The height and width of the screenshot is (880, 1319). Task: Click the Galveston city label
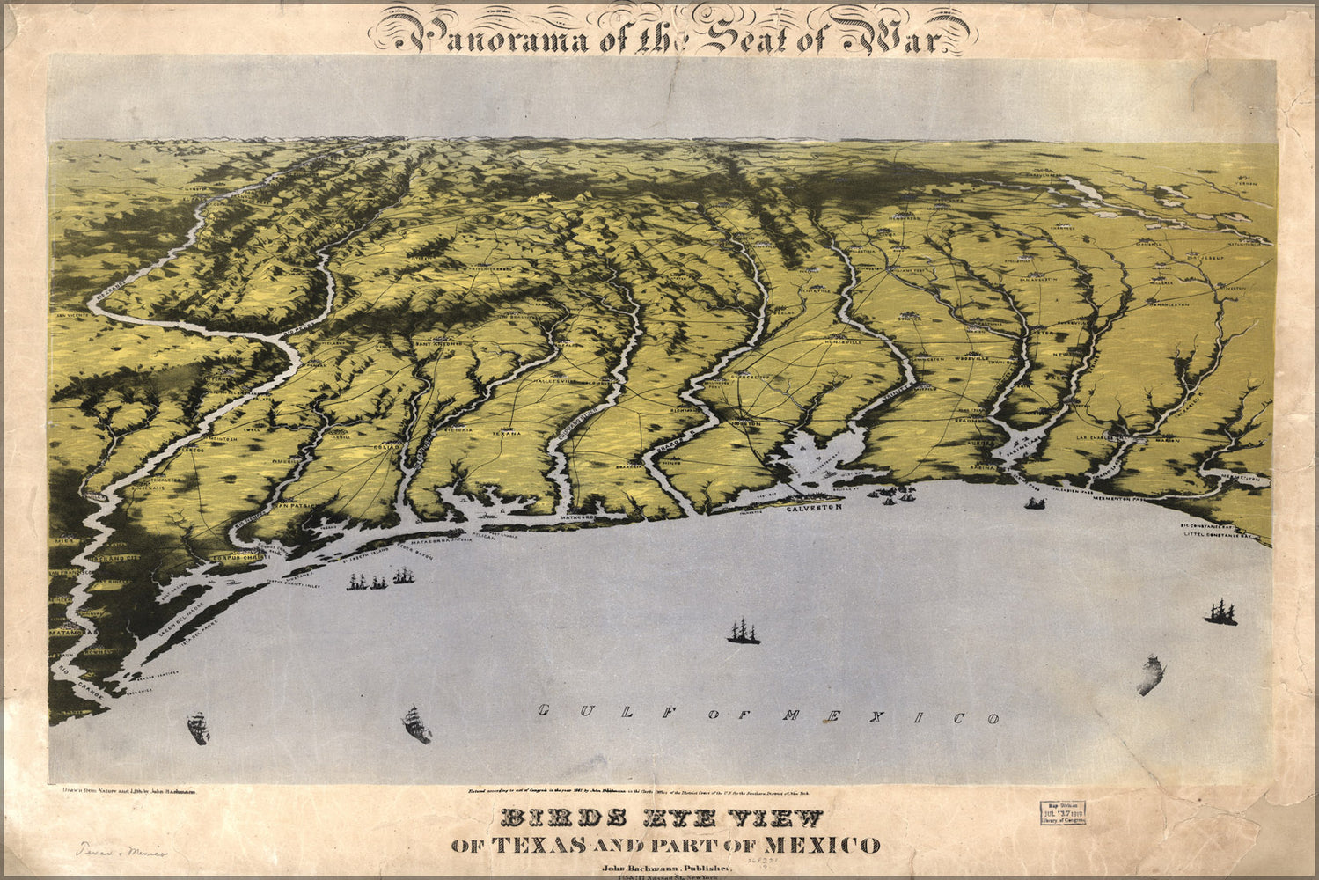814,508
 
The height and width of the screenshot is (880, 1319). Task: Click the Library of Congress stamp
1063,811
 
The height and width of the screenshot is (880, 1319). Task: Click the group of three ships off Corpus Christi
380,581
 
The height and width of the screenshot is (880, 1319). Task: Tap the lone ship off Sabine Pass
1035,503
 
